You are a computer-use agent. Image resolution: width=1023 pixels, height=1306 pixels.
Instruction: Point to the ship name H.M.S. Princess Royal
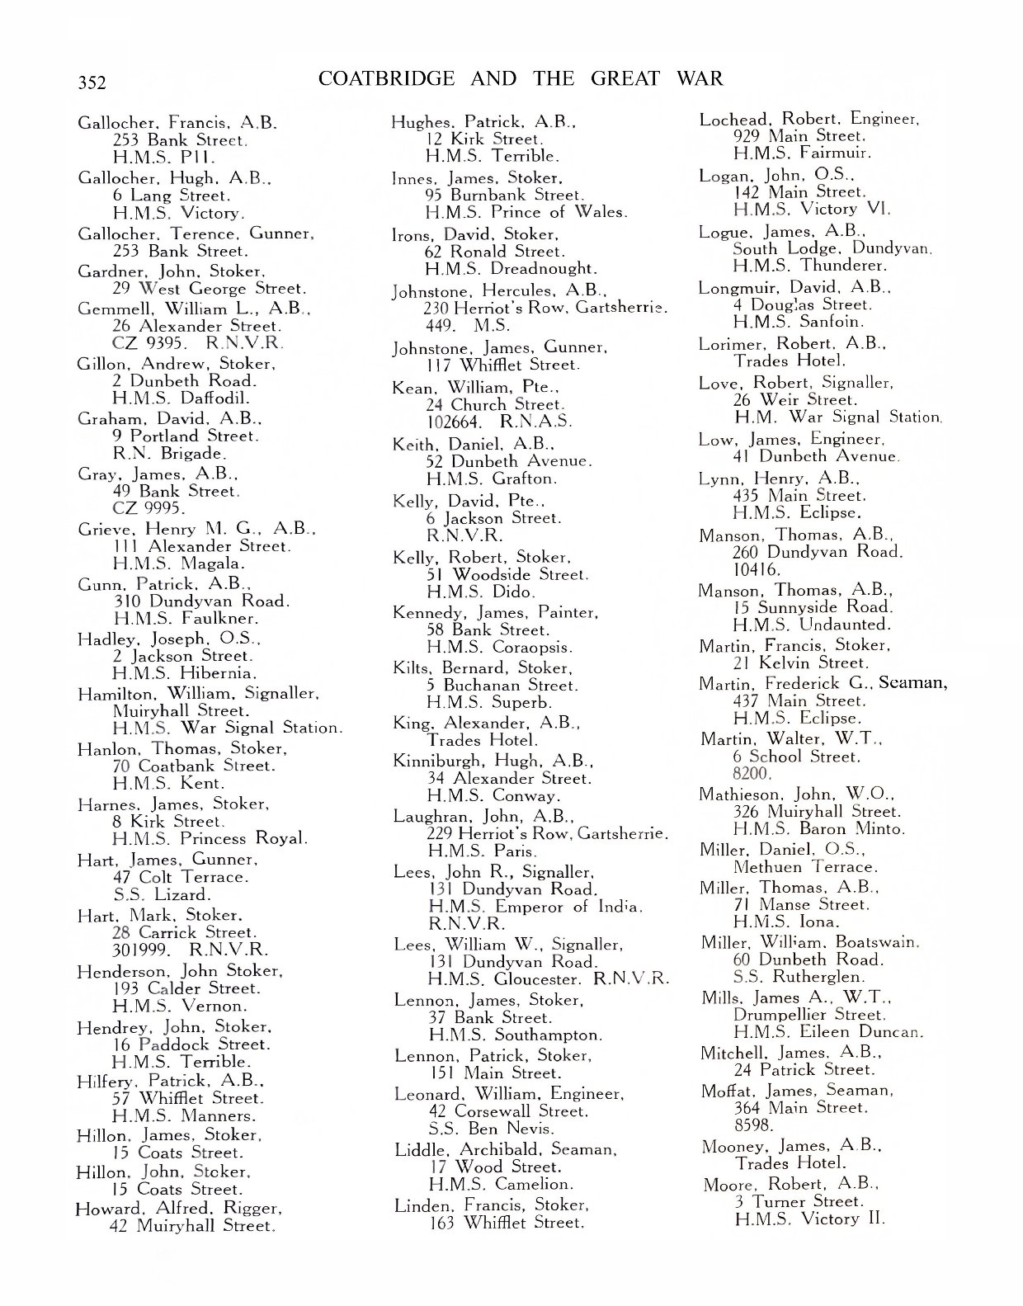(x=210, y=839)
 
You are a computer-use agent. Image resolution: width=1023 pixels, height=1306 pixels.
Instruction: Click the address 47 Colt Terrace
(x=180, y=877)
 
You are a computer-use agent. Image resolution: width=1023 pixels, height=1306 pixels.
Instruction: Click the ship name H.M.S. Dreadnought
(x=511, y=269)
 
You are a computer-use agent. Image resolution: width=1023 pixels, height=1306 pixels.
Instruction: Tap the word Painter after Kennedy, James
(x=567, y=612)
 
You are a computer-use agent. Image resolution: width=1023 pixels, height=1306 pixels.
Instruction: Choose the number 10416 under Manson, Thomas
(x=755, y=569)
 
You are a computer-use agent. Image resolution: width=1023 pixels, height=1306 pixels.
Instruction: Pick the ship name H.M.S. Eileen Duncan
(x=827, y=1032)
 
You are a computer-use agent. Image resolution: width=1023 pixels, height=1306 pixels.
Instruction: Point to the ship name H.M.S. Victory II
(x=808, y=1219)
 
